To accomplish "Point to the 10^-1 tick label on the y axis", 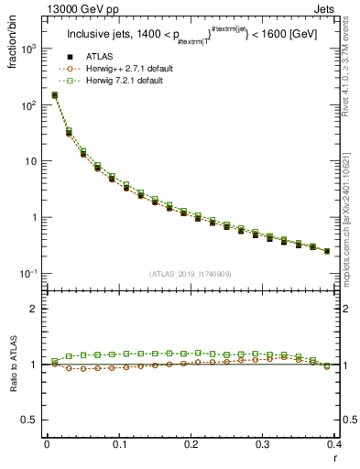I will pyautogui.click(x=29, y=274).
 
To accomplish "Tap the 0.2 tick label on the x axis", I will pyautogui.click(x=191, y=446).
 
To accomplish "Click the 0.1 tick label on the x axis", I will pyautogui.click(x=118, y=446).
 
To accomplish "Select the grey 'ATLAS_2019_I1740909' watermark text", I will pyautogui.click(x=191, y=274).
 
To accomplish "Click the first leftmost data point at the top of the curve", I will pyautogui.click(x=54, y=94).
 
